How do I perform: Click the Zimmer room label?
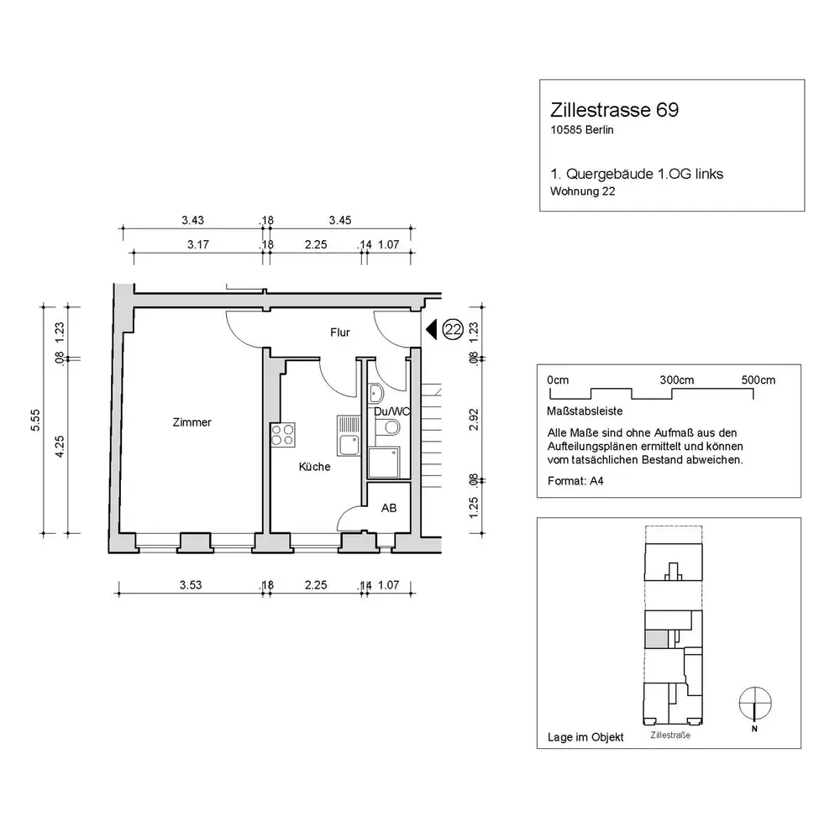pos(192,422)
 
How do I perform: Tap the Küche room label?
pos(314,467)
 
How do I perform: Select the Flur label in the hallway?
pos(339,332)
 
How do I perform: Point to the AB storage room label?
pos(389,508)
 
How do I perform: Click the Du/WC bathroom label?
pos(391,411)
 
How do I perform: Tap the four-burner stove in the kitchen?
pos(283,434)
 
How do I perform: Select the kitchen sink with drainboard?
pos(349,436)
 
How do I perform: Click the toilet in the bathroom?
pos(388,427)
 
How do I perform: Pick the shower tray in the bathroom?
pos(384,463)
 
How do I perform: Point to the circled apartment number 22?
pos(454,329)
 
